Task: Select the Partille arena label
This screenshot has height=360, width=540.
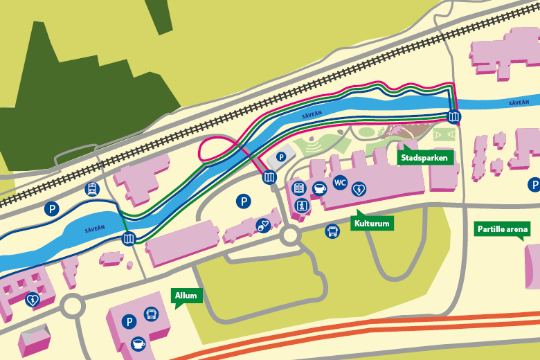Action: point(503,229)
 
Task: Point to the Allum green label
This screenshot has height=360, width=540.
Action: point(186,296)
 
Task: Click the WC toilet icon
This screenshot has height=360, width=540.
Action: point(340,183)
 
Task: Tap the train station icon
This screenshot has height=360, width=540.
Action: point(91,188)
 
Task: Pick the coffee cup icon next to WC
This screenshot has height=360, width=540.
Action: point(319,188)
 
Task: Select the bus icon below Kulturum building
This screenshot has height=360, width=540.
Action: point(332,231)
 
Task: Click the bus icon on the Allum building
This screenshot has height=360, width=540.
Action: point(150,314)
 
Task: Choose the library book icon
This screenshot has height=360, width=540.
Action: point(298,188)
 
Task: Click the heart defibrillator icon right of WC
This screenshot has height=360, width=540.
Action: point(359,188)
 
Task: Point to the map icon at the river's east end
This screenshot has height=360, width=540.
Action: point(454,116)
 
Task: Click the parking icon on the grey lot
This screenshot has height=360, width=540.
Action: point(281,157)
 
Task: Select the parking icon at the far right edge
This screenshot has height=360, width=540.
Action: point(534,185)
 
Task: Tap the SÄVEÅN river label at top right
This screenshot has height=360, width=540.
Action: point(519,102)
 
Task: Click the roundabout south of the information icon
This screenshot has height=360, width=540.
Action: point(289,236)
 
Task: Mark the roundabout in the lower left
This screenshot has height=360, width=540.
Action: point(73,306)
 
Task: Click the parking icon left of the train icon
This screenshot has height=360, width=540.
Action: point(51,208)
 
